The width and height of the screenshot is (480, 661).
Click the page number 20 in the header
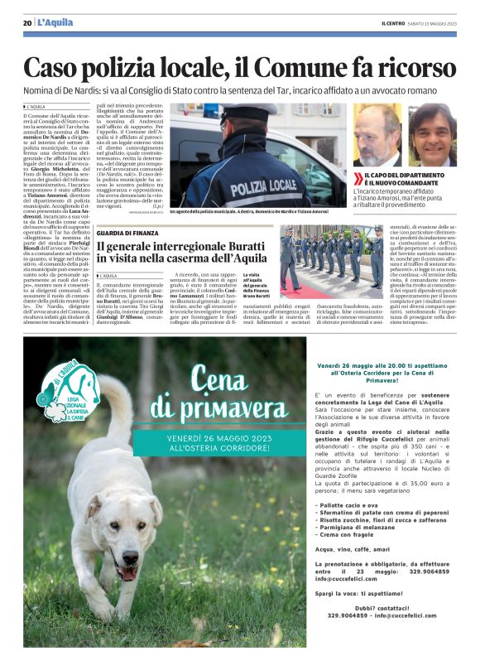coord(27,23)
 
